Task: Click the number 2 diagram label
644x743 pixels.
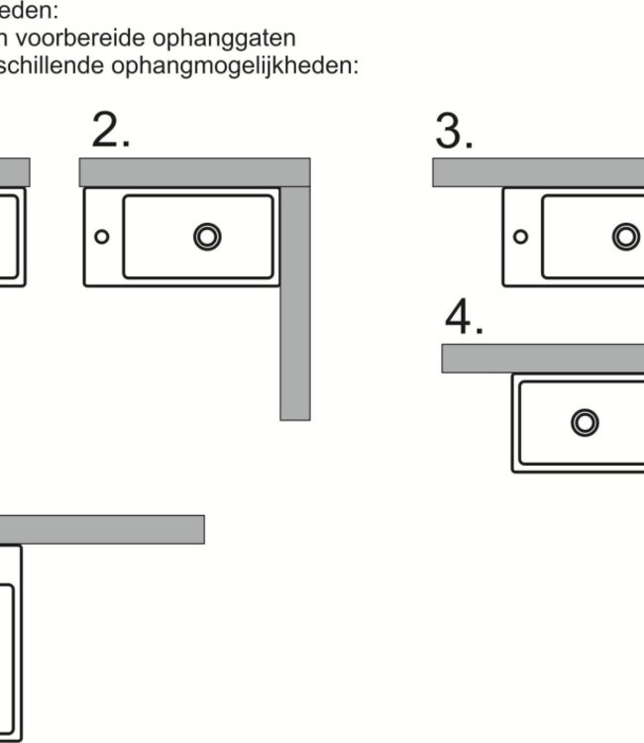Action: click(x=110, y=132)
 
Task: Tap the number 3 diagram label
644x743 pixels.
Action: click(x=454, y=132)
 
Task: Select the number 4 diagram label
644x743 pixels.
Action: click(x=464, y=318)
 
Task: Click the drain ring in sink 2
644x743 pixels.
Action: click(x=207, y=236)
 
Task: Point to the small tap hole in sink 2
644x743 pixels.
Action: click(x=101, y=237)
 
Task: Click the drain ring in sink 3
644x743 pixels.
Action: click(x=625, y=236)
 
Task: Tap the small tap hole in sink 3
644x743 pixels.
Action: click(x=520, y=237)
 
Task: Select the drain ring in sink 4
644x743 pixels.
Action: click(x=585, y=422)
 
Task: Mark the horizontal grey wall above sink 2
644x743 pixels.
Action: click(x=194, y=172)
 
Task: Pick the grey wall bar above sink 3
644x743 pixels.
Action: click(x=538, y=172)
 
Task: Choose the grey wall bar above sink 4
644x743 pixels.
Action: click(x=543, y=358)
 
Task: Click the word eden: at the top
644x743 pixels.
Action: click(x=29, y=13)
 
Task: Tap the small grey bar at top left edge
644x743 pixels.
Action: click(x=14, y=172)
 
